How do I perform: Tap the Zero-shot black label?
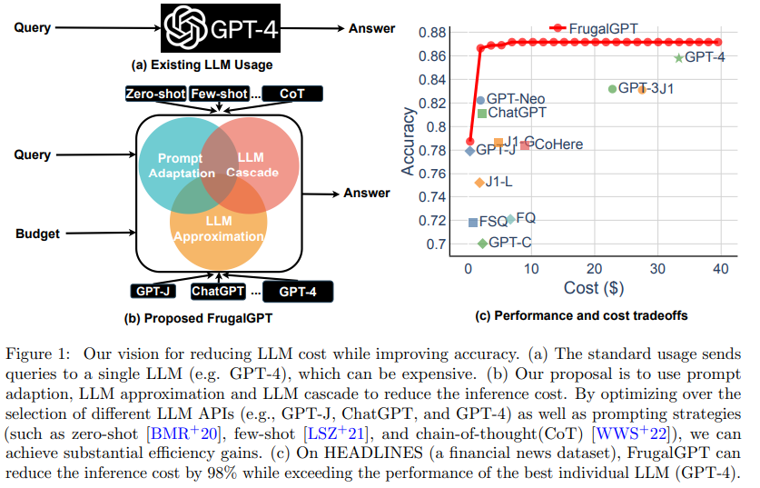click(155, 94)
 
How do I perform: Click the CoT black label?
click(291, 94)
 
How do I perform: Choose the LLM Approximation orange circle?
click(218, 232)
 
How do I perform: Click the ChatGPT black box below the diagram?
click(218, 292)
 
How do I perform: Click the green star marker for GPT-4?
click(678, 58)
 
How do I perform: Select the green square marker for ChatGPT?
click(482, 114)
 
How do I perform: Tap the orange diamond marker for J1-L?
click(479, 183)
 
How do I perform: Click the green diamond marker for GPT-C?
click(482, 244)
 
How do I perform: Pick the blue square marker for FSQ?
click(473, 222)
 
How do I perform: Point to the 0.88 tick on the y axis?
click(433, 33)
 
